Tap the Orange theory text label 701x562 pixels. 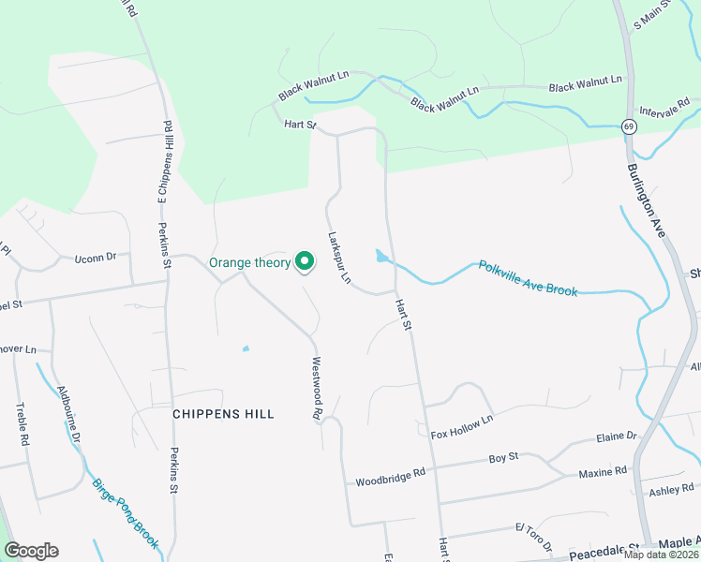click(x=249, y=263)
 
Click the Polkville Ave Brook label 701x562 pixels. click(x=528, y=278)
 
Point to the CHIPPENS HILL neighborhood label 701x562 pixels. click(x=224, y=413)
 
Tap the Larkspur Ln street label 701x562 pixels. click(x=338, y=258)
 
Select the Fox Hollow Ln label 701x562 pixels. click(x=461, y=427)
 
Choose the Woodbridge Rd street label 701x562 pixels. click(x=390, y=478)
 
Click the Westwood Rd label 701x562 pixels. click(x=318, y=388)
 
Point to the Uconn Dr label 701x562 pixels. click(x=96, y=257)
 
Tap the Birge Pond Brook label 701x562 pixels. click(x=126, y=512)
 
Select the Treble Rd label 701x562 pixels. click(x=23, y=424)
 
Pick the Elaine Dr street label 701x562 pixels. click(x=617, y=436)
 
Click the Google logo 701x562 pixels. click(x=31, y=551)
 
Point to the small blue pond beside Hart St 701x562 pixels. click(x=380, y=256)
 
